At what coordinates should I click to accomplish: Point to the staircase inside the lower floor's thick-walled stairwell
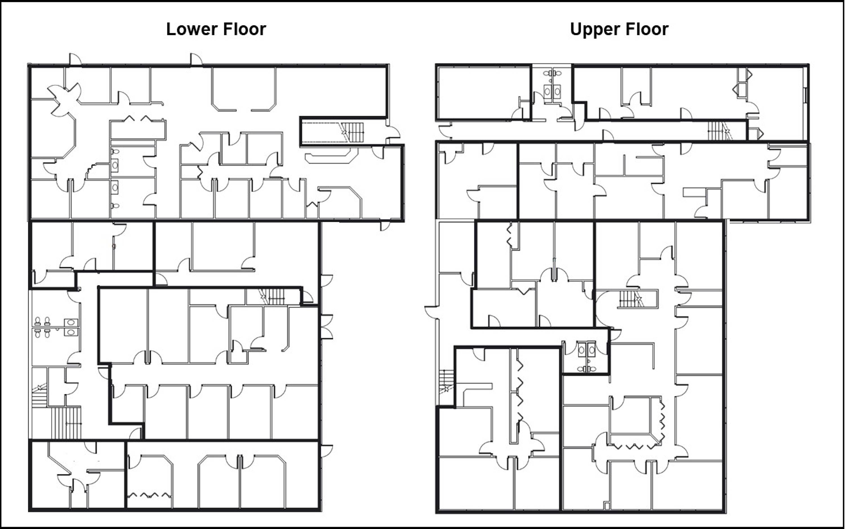click(353, 132)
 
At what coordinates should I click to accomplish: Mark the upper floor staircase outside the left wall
click(446, 381)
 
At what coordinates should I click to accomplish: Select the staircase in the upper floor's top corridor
click(719, 130)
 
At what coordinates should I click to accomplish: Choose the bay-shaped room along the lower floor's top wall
click(244, 89)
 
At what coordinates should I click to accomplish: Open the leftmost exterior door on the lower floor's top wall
click(75, 59)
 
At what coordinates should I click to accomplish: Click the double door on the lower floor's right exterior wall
click(327, 327)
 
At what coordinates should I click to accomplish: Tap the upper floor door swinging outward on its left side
click(432, 312)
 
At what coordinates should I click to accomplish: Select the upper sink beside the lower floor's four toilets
click(71, 322)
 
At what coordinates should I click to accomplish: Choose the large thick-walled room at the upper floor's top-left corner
click(483, 92)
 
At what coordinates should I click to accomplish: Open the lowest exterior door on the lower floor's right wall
click(327, 451)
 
